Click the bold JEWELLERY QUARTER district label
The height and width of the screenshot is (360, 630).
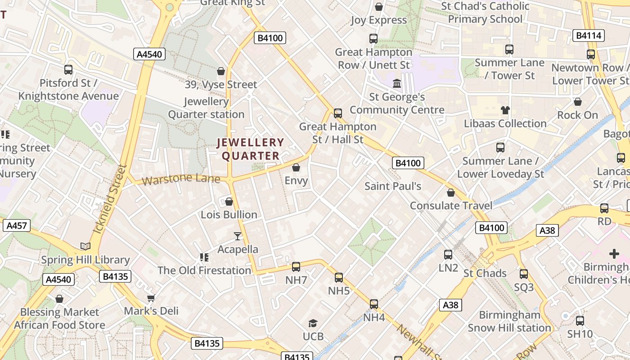point(251,149)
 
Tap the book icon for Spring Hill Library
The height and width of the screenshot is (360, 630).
point(85,246)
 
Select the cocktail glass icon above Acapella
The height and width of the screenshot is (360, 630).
point(238,236)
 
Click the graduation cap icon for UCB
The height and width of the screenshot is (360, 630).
point(313,323)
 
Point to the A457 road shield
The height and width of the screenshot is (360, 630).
point(17,225)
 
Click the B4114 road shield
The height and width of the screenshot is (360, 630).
point(588,36)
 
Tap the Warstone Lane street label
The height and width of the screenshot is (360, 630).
point(181,179)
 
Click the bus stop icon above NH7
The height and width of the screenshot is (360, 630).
point(296,267)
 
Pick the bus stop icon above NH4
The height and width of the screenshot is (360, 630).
point(374,304)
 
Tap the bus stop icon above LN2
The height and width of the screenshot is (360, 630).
point(448,255)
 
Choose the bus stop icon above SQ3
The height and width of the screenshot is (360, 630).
point(523,274)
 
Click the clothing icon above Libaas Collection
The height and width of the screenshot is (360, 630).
point(505,110)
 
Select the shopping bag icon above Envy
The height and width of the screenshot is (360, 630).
point(296,168)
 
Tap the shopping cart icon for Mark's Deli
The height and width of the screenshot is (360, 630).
point(151,298)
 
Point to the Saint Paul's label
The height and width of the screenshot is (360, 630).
point(393,186)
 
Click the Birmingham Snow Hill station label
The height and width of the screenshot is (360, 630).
point(509,321)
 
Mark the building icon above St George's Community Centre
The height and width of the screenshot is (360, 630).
point(397,84)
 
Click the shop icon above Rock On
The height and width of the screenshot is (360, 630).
point(578,102)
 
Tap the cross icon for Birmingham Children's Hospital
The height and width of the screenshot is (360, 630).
point(614,254)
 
